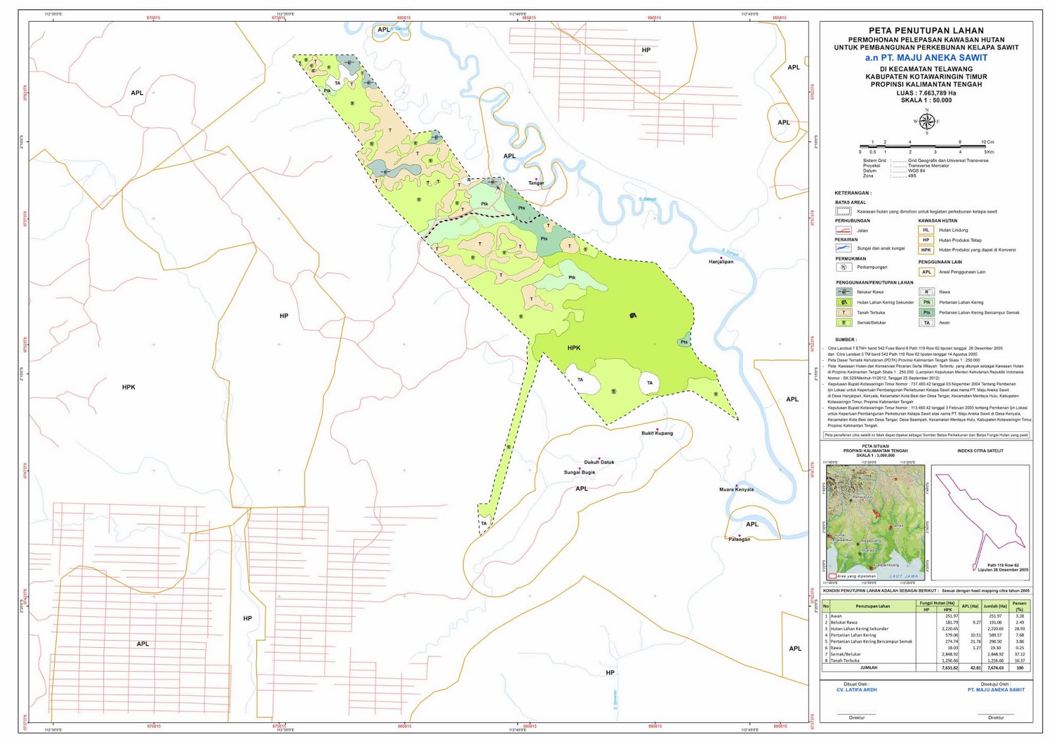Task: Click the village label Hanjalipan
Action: [721, 261]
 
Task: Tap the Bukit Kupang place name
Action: [657, 433]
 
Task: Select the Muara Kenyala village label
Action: [736, 490]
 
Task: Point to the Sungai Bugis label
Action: [579, 472]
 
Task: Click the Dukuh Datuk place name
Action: [599, 462]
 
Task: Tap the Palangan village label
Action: [739, 539]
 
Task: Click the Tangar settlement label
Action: [536, 183]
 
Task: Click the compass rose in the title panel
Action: [926, 122]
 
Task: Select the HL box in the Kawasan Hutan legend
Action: [926, 230]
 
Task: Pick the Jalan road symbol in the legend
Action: [843, 230]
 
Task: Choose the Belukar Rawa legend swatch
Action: [843, 292]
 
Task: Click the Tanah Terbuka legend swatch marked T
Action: [843, 313]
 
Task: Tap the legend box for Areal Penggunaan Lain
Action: [926, 272]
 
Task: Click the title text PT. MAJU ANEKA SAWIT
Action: [926, 58]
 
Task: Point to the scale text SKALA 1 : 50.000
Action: [926, 100]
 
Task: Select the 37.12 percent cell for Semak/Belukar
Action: [1020, 654]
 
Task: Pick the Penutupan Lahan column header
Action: [872, 606]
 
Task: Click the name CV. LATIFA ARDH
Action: [856, 690]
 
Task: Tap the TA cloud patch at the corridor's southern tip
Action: [484, 523]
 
